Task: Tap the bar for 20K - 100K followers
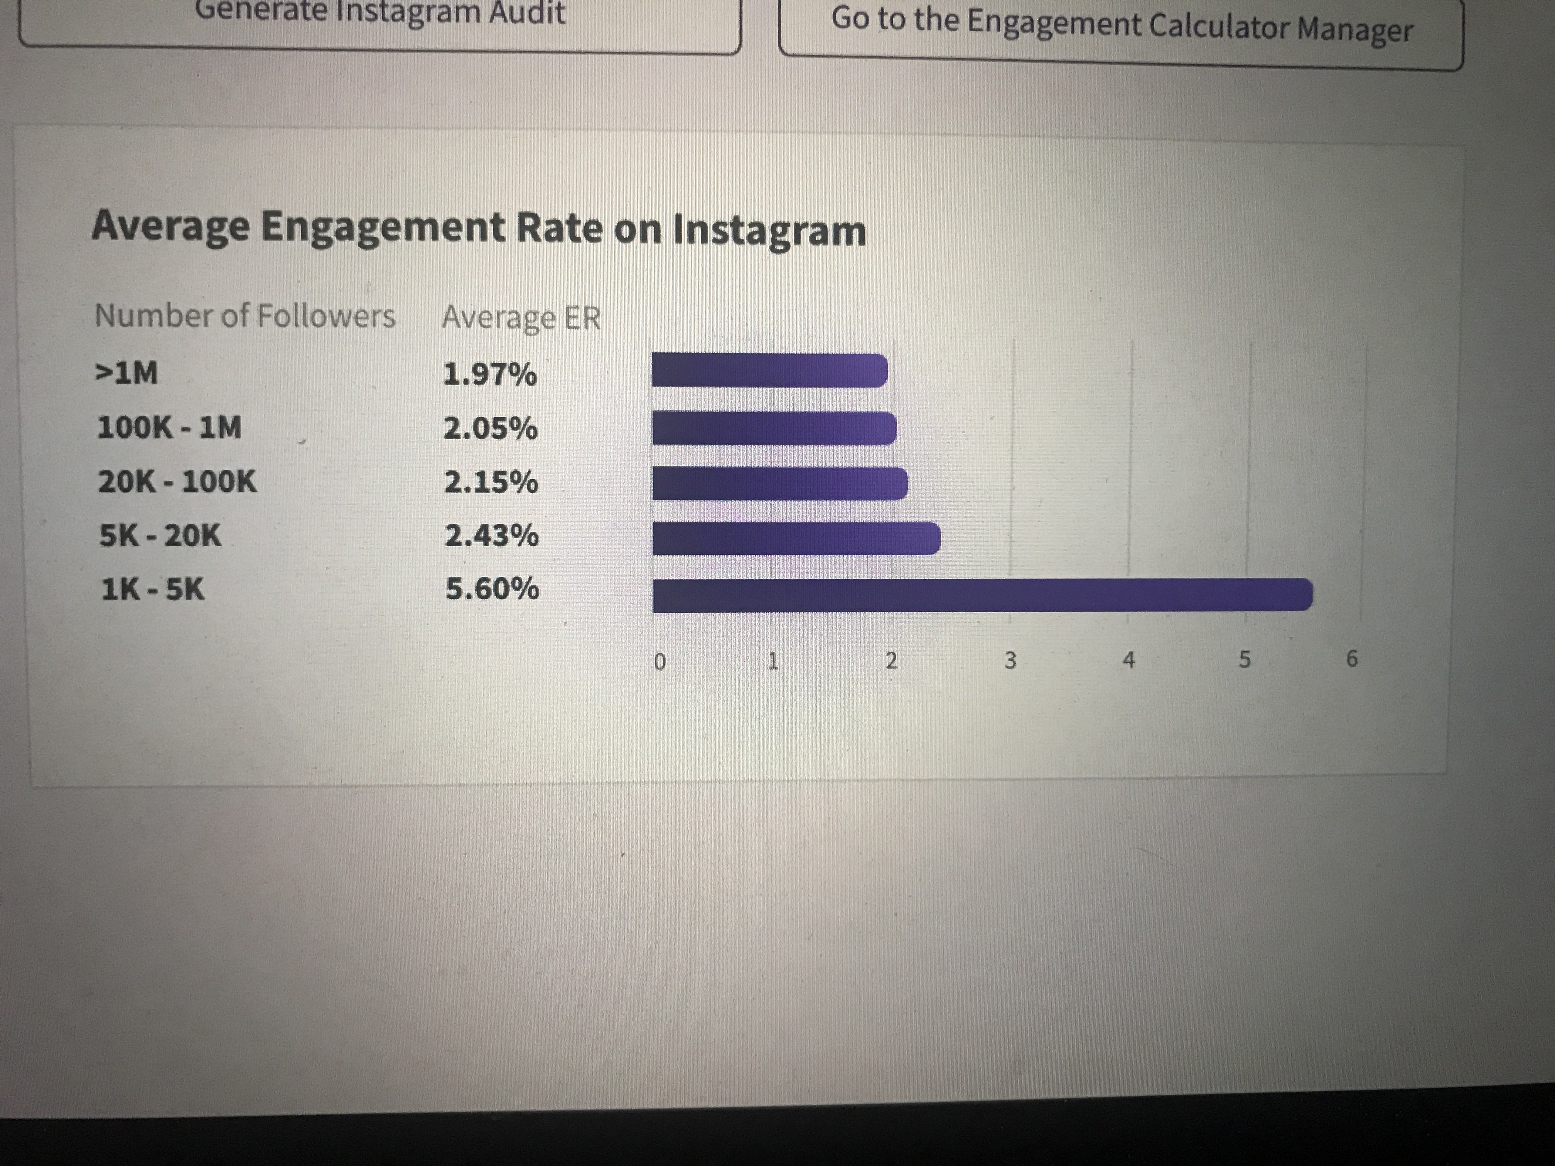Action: coord(779,484)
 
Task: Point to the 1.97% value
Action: coord(490,374)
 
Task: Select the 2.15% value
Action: coord(491,482)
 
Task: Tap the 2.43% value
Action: coord(491,536)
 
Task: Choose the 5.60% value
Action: coord(492,588)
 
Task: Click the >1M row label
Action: coord(126,372)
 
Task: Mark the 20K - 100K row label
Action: coord(177,482)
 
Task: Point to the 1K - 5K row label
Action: coord(153,589)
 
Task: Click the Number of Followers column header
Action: coord(245,315)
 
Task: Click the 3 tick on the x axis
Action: coord(1010,661)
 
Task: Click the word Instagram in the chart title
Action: coord(769,231)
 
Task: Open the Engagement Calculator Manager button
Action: coord(1121,28)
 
